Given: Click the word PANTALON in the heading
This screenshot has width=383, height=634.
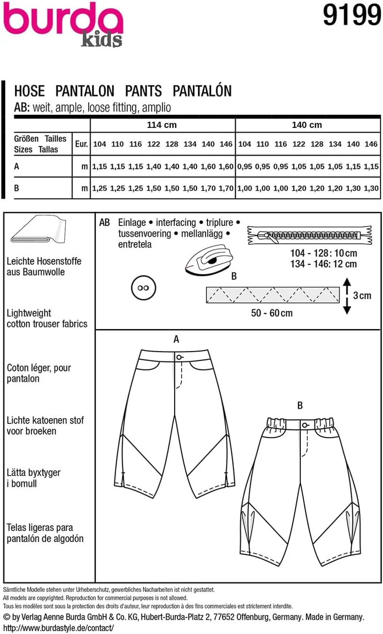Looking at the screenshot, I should (85, 91).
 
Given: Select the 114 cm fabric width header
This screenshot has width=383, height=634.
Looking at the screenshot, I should (162, 125).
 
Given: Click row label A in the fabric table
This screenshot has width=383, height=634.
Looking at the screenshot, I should (17, 166).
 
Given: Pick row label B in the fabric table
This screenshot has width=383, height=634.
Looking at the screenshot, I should (17, 188).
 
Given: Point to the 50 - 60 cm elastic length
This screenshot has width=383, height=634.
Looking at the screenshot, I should (272, 313).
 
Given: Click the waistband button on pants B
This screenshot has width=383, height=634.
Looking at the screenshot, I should (304, 425).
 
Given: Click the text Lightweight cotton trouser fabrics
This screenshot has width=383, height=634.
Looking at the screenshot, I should (47, 318).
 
